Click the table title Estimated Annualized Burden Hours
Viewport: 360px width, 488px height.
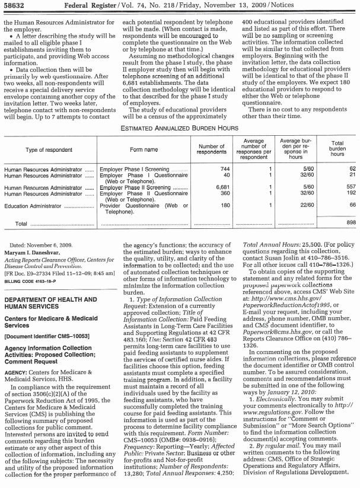[x=179, y=127]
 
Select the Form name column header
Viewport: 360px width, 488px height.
[x=144, y=150]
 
